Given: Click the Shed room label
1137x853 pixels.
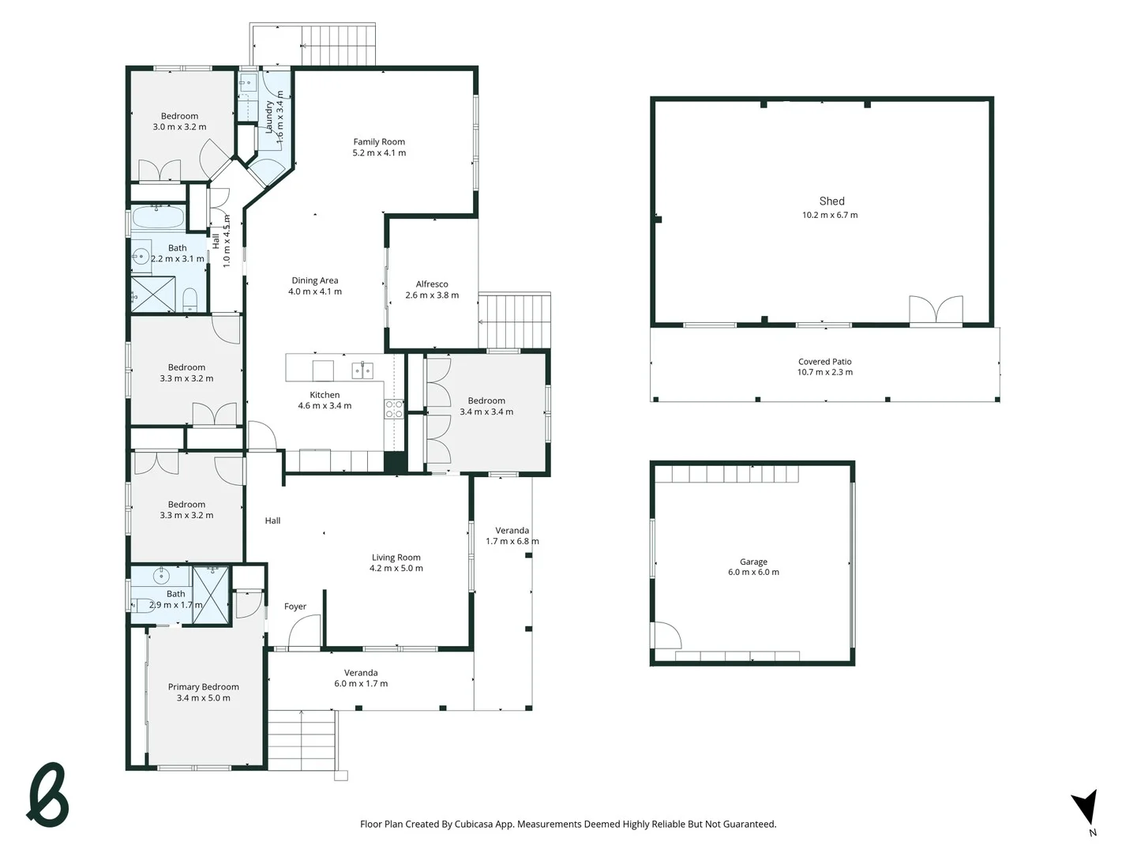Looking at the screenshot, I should (831, 201).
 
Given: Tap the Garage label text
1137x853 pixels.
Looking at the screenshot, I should (753, 562).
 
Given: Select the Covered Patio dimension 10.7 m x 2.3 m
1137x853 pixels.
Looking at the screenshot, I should (824, 372).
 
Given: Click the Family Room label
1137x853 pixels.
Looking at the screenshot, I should (379, 142).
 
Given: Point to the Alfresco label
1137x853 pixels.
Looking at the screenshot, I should (432, 284).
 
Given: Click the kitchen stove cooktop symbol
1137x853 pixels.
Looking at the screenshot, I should (394, 408).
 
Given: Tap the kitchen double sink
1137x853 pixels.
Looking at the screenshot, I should (363, 370).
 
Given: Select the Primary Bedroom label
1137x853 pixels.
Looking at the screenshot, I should (203, 687).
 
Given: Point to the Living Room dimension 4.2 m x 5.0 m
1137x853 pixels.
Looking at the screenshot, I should (396, 568).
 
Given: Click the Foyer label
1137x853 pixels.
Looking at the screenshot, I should (295, 607).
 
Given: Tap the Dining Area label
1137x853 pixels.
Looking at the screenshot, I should (315, 280).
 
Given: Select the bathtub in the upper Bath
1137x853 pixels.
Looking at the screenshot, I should (158, 217).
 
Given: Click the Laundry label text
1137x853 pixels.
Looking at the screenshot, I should (269, 116).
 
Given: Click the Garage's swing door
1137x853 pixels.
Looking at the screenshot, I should (666, 634).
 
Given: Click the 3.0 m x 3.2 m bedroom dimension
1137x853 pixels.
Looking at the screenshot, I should (179, 126).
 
